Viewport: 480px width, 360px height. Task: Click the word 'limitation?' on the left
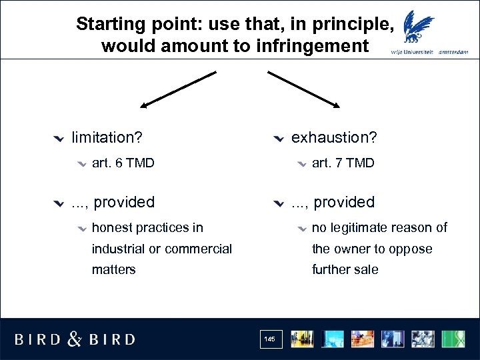pos(107,137)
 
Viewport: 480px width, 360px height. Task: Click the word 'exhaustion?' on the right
pos(334,137)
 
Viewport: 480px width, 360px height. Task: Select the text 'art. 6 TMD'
pos(123,163)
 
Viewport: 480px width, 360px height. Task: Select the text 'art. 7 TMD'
pos(343,163)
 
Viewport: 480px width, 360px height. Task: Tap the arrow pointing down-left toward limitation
pos(177,89)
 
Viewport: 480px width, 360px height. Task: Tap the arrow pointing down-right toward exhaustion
pos(304,89)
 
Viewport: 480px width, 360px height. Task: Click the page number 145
pos(269,339)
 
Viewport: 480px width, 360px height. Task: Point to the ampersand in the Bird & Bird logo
pos(75,339)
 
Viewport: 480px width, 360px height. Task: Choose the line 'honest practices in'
pos(147,227)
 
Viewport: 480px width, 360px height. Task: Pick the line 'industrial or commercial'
pos(162,249)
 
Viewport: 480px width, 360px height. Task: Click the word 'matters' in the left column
pos(114,269)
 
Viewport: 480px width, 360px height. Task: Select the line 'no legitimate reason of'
pos(379,227)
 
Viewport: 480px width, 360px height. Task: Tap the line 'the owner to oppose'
pos(372,249)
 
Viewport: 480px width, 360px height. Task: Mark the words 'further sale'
pos(345,269)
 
